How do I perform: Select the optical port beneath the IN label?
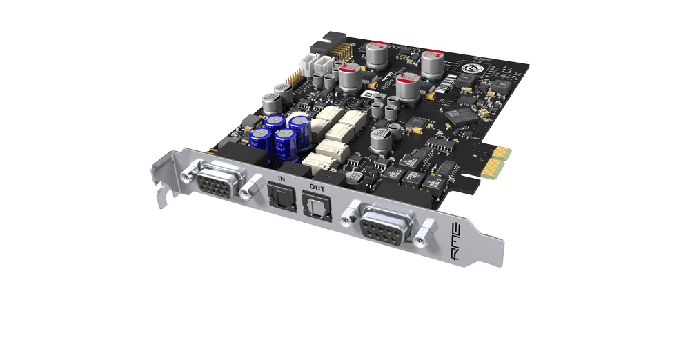click(x=279, y=198)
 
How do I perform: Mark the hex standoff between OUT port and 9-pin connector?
click(x=345, y=211)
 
